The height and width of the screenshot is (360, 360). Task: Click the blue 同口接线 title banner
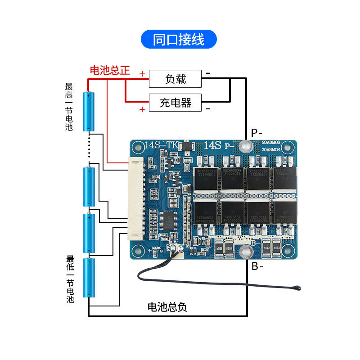tap(179, 40)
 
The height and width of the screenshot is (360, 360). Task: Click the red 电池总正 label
tap(110, 70)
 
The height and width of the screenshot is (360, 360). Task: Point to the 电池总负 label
tap(167, 307)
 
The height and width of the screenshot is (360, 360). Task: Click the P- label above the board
tap(256, 133)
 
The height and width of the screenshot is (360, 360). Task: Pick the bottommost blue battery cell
tap(89, 278)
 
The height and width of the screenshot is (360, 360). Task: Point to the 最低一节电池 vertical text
tap(70, 279)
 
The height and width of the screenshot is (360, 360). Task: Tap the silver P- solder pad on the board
tap(245, 146)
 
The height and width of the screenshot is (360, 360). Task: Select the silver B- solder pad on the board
tap(245, 252)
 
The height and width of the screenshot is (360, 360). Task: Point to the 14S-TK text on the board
tap(162, 145)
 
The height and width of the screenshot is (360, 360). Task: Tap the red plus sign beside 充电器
tap(142, 109)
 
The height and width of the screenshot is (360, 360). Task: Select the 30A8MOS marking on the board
tap(271, 149)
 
